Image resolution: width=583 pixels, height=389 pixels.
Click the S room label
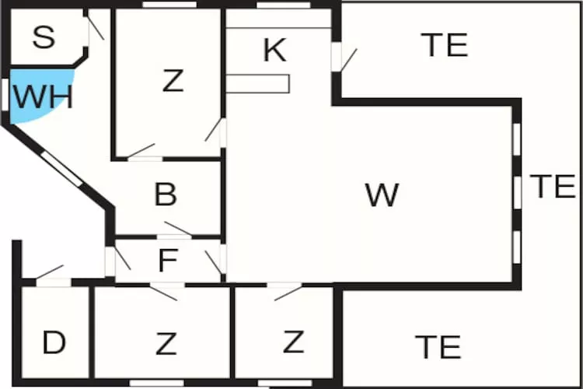point(44,37)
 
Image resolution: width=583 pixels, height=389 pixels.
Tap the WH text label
point(44,98)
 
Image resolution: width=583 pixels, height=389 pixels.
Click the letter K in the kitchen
point(274,51)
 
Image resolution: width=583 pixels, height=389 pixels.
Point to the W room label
point(382,195)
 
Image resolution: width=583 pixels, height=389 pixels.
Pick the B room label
point(166,195)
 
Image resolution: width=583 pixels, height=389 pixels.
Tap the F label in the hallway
point(166,261)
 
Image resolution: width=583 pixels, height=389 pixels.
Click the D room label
point(53,342)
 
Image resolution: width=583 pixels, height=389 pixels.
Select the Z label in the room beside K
point(173,81)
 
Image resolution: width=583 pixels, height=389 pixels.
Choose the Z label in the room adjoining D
point(166,342)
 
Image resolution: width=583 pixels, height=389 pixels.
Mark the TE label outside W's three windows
point(553,187)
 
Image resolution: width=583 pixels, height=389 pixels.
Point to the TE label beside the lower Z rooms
point(438,346)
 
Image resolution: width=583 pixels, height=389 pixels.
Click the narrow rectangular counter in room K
point(258,83)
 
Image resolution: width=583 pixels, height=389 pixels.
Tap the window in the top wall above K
point(284,5)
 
